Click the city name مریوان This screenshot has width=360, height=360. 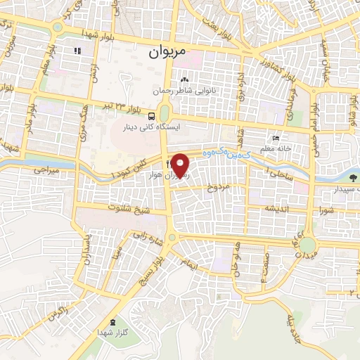pos(167,52)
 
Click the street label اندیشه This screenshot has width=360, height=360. pos(277,209)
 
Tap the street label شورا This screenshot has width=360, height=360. pos(326,209)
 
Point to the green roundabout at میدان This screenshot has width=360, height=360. pos(308,245)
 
